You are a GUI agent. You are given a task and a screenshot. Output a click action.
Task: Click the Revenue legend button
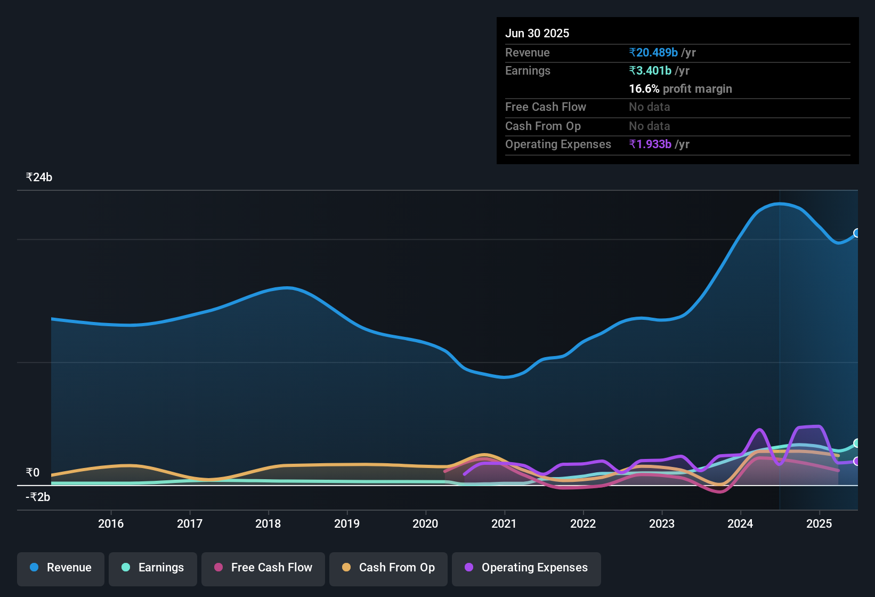point(61,568)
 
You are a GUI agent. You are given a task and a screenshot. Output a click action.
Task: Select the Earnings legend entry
point(153,568)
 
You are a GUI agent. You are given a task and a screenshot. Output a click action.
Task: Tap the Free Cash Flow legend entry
point(263,568)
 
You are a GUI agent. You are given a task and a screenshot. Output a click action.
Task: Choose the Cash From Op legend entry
point(388,568)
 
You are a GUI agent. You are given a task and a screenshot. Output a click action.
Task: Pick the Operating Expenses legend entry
point(526,568)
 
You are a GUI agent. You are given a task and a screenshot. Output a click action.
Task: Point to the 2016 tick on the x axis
point(111,523)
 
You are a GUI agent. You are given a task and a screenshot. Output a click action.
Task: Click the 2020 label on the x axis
point(425,523)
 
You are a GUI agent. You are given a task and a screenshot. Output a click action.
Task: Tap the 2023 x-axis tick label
point(662,523)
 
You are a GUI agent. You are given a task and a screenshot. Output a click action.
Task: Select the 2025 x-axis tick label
point(819,523)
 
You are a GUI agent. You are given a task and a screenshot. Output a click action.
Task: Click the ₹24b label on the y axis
point(39,178)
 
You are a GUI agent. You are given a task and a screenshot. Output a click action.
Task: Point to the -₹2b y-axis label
point(38,497)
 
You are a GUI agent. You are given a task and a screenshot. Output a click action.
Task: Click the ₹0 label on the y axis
point(33,473)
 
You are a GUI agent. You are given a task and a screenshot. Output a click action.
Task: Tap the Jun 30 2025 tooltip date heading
point(537,33)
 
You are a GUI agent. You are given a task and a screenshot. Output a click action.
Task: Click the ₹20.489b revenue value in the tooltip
point(653,52)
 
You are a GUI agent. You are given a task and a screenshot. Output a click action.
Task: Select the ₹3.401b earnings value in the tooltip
point(650,70)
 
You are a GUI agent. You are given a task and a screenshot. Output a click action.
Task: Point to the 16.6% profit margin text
point(680,88)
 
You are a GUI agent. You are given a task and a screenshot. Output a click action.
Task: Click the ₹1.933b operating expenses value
point(650,144)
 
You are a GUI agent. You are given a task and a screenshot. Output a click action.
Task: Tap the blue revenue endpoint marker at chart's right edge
point(857,233)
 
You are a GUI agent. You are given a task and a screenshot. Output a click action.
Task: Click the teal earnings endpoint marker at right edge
point(857,443)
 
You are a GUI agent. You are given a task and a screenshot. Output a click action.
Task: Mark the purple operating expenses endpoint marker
point(857,461)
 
